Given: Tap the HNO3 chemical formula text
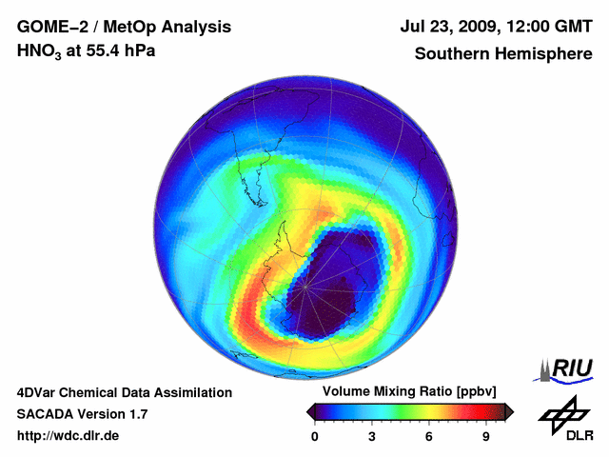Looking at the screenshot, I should pos(41,50).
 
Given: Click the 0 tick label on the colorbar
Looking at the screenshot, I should pos(315,436).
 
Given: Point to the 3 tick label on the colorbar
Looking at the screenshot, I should pos(372,436).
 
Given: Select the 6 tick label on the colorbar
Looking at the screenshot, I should pos(429,436).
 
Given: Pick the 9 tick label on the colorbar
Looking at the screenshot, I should pos(486,436).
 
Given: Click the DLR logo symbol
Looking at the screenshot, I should pos(563,412).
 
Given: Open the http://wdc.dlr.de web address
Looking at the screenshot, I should pos(69,436).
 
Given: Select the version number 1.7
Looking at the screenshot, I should pos(137,414).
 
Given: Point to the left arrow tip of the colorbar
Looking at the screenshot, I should pos(309,411).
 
